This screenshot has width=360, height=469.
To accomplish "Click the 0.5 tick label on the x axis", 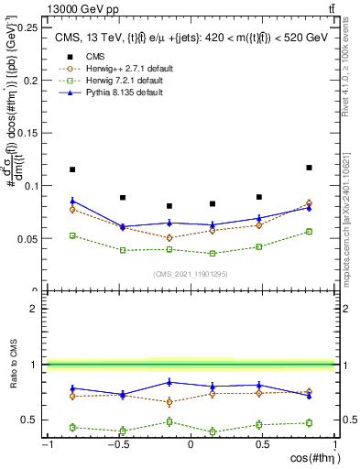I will click(263, 445).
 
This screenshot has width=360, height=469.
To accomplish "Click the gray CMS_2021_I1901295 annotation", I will click(191, 274).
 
